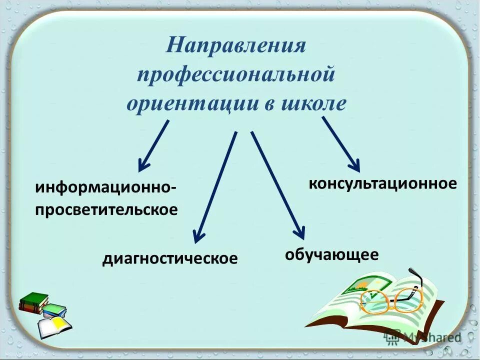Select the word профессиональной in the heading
pos(235,75)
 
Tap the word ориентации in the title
pos(189,103)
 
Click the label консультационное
pos(382,183)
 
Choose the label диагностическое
pos(170,259)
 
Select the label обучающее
pos(331,254)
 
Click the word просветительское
pos(106,209)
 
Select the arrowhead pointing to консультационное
pos(354,164)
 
